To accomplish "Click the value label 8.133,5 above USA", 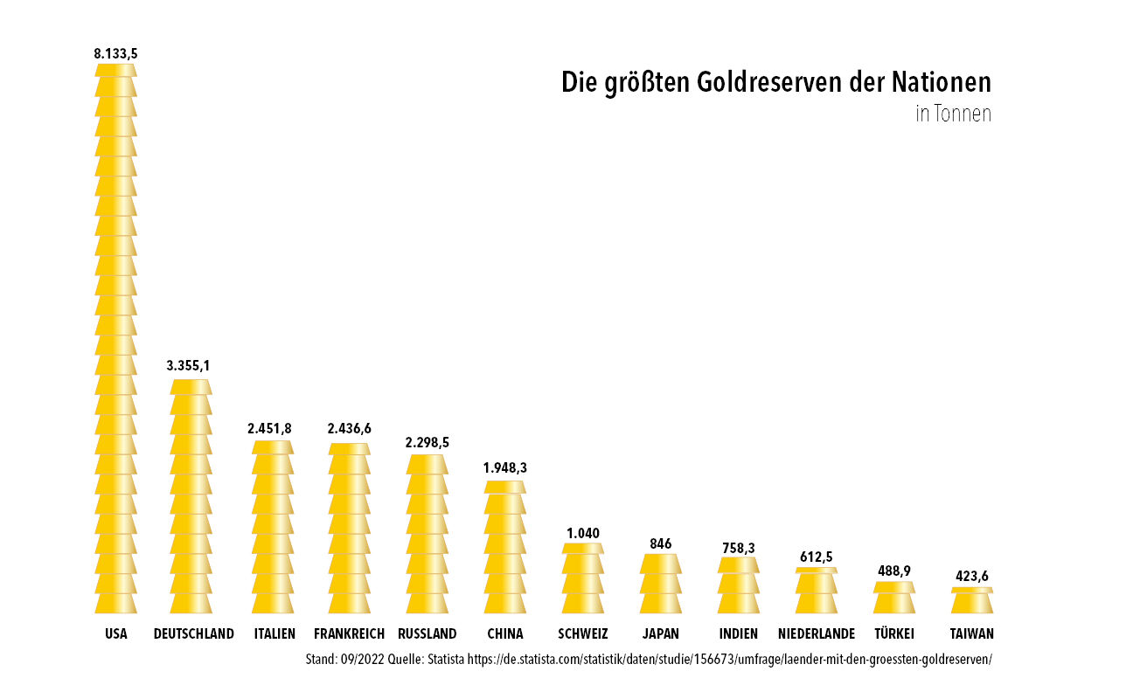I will (x=115, y=53).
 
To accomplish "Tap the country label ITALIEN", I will (x=274, y=633).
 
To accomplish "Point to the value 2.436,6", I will (x=350, y=428).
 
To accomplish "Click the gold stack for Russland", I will (x=428, y=534).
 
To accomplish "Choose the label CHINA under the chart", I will (x=505, y=633).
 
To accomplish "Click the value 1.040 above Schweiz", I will (x=583, y=533).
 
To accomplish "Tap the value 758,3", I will (x=739, y=548).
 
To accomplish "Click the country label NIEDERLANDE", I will (x=817, y=633).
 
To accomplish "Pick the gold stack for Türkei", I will (x=894, y=599).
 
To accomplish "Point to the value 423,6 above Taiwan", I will (x=972, y=577).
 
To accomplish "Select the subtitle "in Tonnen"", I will (x=953, y=114).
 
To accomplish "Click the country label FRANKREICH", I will (x=349, y=633).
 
